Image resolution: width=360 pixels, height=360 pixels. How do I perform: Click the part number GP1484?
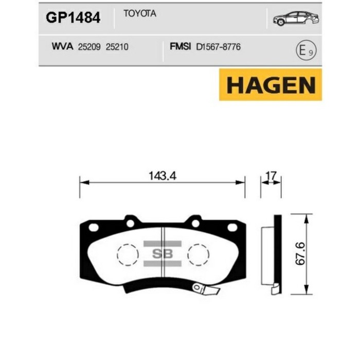pos(73,18)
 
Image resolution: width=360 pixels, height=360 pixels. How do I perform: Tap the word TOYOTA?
pos(140,14)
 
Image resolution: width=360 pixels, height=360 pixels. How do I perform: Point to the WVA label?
pos(62,46)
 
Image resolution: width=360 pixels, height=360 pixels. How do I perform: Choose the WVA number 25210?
pos(116,47)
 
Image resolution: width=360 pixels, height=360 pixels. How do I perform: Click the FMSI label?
pos(181,47)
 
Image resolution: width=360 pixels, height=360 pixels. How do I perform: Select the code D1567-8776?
pos(218,47)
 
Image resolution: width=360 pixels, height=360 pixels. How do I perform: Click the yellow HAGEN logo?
pos(271,85)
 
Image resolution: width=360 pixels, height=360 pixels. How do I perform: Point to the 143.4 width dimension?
pos(163,176)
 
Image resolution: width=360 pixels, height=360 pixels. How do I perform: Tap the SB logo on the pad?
pos(163,253)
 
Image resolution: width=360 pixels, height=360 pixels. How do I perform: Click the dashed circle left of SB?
pos(128,253)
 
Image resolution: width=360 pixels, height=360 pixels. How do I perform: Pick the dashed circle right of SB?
pos(197,253)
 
